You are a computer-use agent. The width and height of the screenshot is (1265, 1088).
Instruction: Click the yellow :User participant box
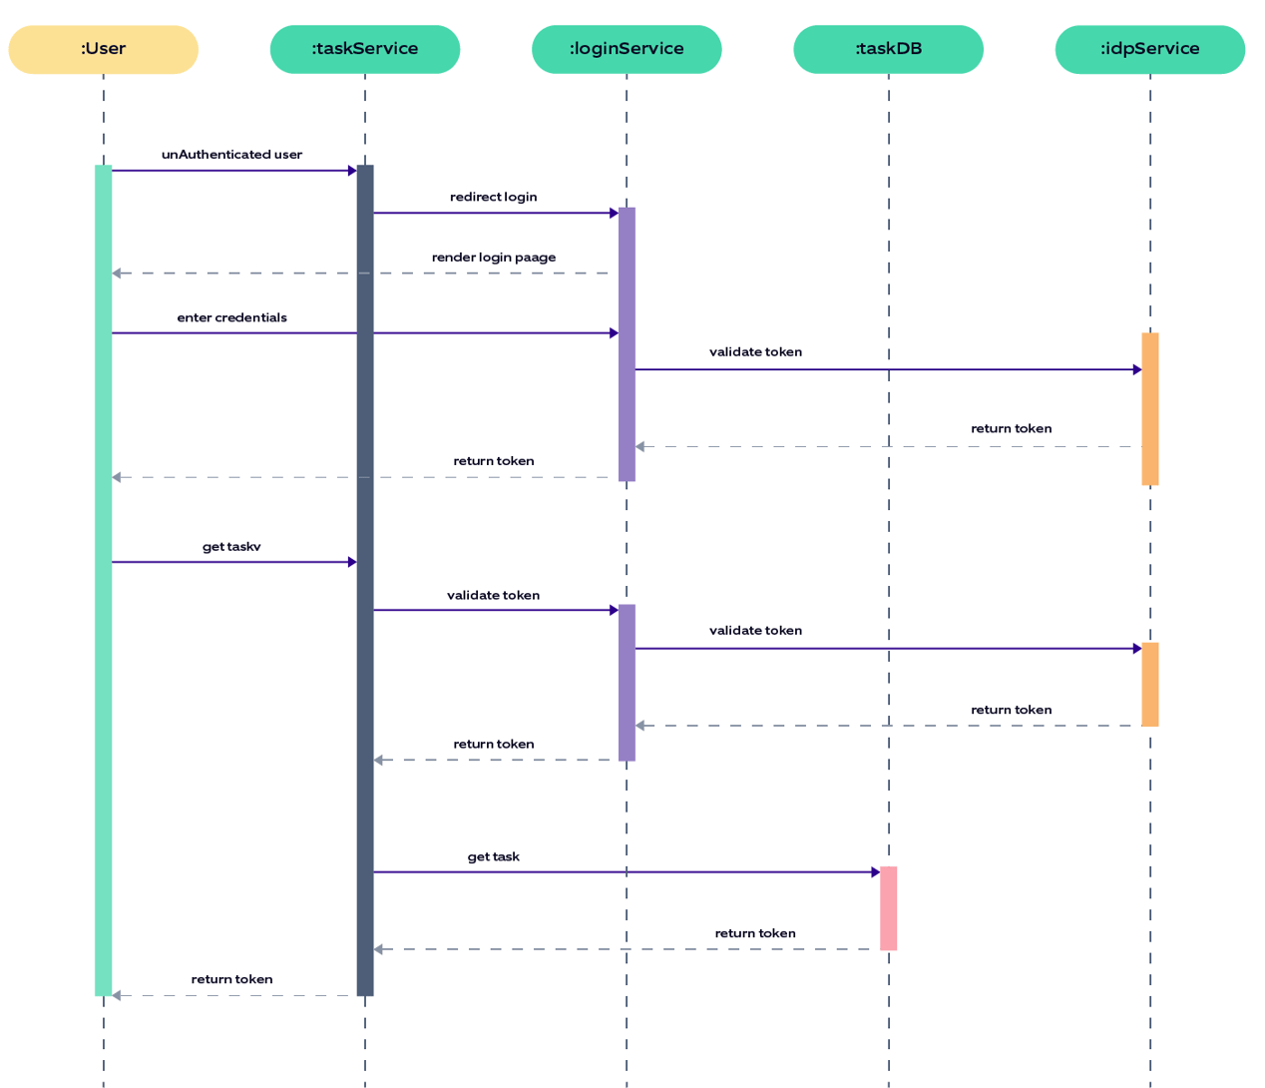(x=103, y=49)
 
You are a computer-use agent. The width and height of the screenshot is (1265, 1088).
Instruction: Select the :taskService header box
(x=364, y=49)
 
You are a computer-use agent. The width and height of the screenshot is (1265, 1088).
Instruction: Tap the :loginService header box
(x=627, y=49)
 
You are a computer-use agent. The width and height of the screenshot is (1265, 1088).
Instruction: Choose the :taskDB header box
(x=888, y=49)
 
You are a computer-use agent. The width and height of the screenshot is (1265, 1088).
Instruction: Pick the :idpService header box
(x=1149, y=49)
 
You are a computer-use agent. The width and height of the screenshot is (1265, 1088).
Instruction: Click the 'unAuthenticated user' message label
(x=231, y=155)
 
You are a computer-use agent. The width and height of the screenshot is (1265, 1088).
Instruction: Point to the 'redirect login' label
(x=493, y=197)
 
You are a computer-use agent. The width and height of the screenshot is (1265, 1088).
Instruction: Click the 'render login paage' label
(x=493, y=258)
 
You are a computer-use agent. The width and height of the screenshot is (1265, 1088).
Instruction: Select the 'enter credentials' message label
(x=231, y=317)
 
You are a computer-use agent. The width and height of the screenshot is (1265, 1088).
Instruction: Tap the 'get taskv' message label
(x=231, y=547)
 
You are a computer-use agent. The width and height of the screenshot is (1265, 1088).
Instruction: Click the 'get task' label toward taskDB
(x=493, y=856)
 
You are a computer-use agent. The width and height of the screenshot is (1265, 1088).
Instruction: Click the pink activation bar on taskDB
(x=888, y=908)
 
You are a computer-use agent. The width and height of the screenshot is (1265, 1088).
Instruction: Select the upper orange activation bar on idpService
(x=1149, y=409)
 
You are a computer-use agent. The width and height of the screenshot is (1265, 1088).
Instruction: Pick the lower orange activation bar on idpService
(x=1149, y=685)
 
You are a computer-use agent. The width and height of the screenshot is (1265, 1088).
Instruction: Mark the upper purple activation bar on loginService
(x=627, y=344)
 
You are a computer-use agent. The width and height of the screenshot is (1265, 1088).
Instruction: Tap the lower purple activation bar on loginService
(x=627, y=683)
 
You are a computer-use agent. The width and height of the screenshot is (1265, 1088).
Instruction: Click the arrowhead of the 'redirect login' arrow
(x=614, y=213)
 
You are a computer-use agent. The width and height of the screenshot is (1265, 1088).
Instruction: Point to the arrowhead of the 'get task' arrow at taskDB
(x=875, y=872)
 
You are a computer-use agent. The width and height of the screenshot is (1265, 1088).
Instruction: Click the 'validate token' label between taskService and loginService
(x=493, y=595)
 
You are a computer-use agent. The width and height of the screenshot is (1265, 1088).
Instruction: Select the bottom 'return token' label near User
(x=231, y=979)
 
